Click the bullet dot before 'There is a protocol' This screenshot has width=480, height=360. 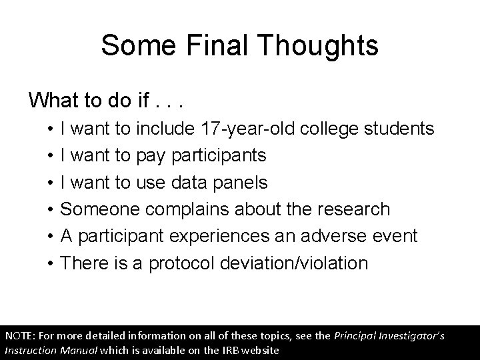click(51, 263)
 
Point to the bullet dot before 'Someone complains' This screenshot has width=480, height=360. click(51, 209)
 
